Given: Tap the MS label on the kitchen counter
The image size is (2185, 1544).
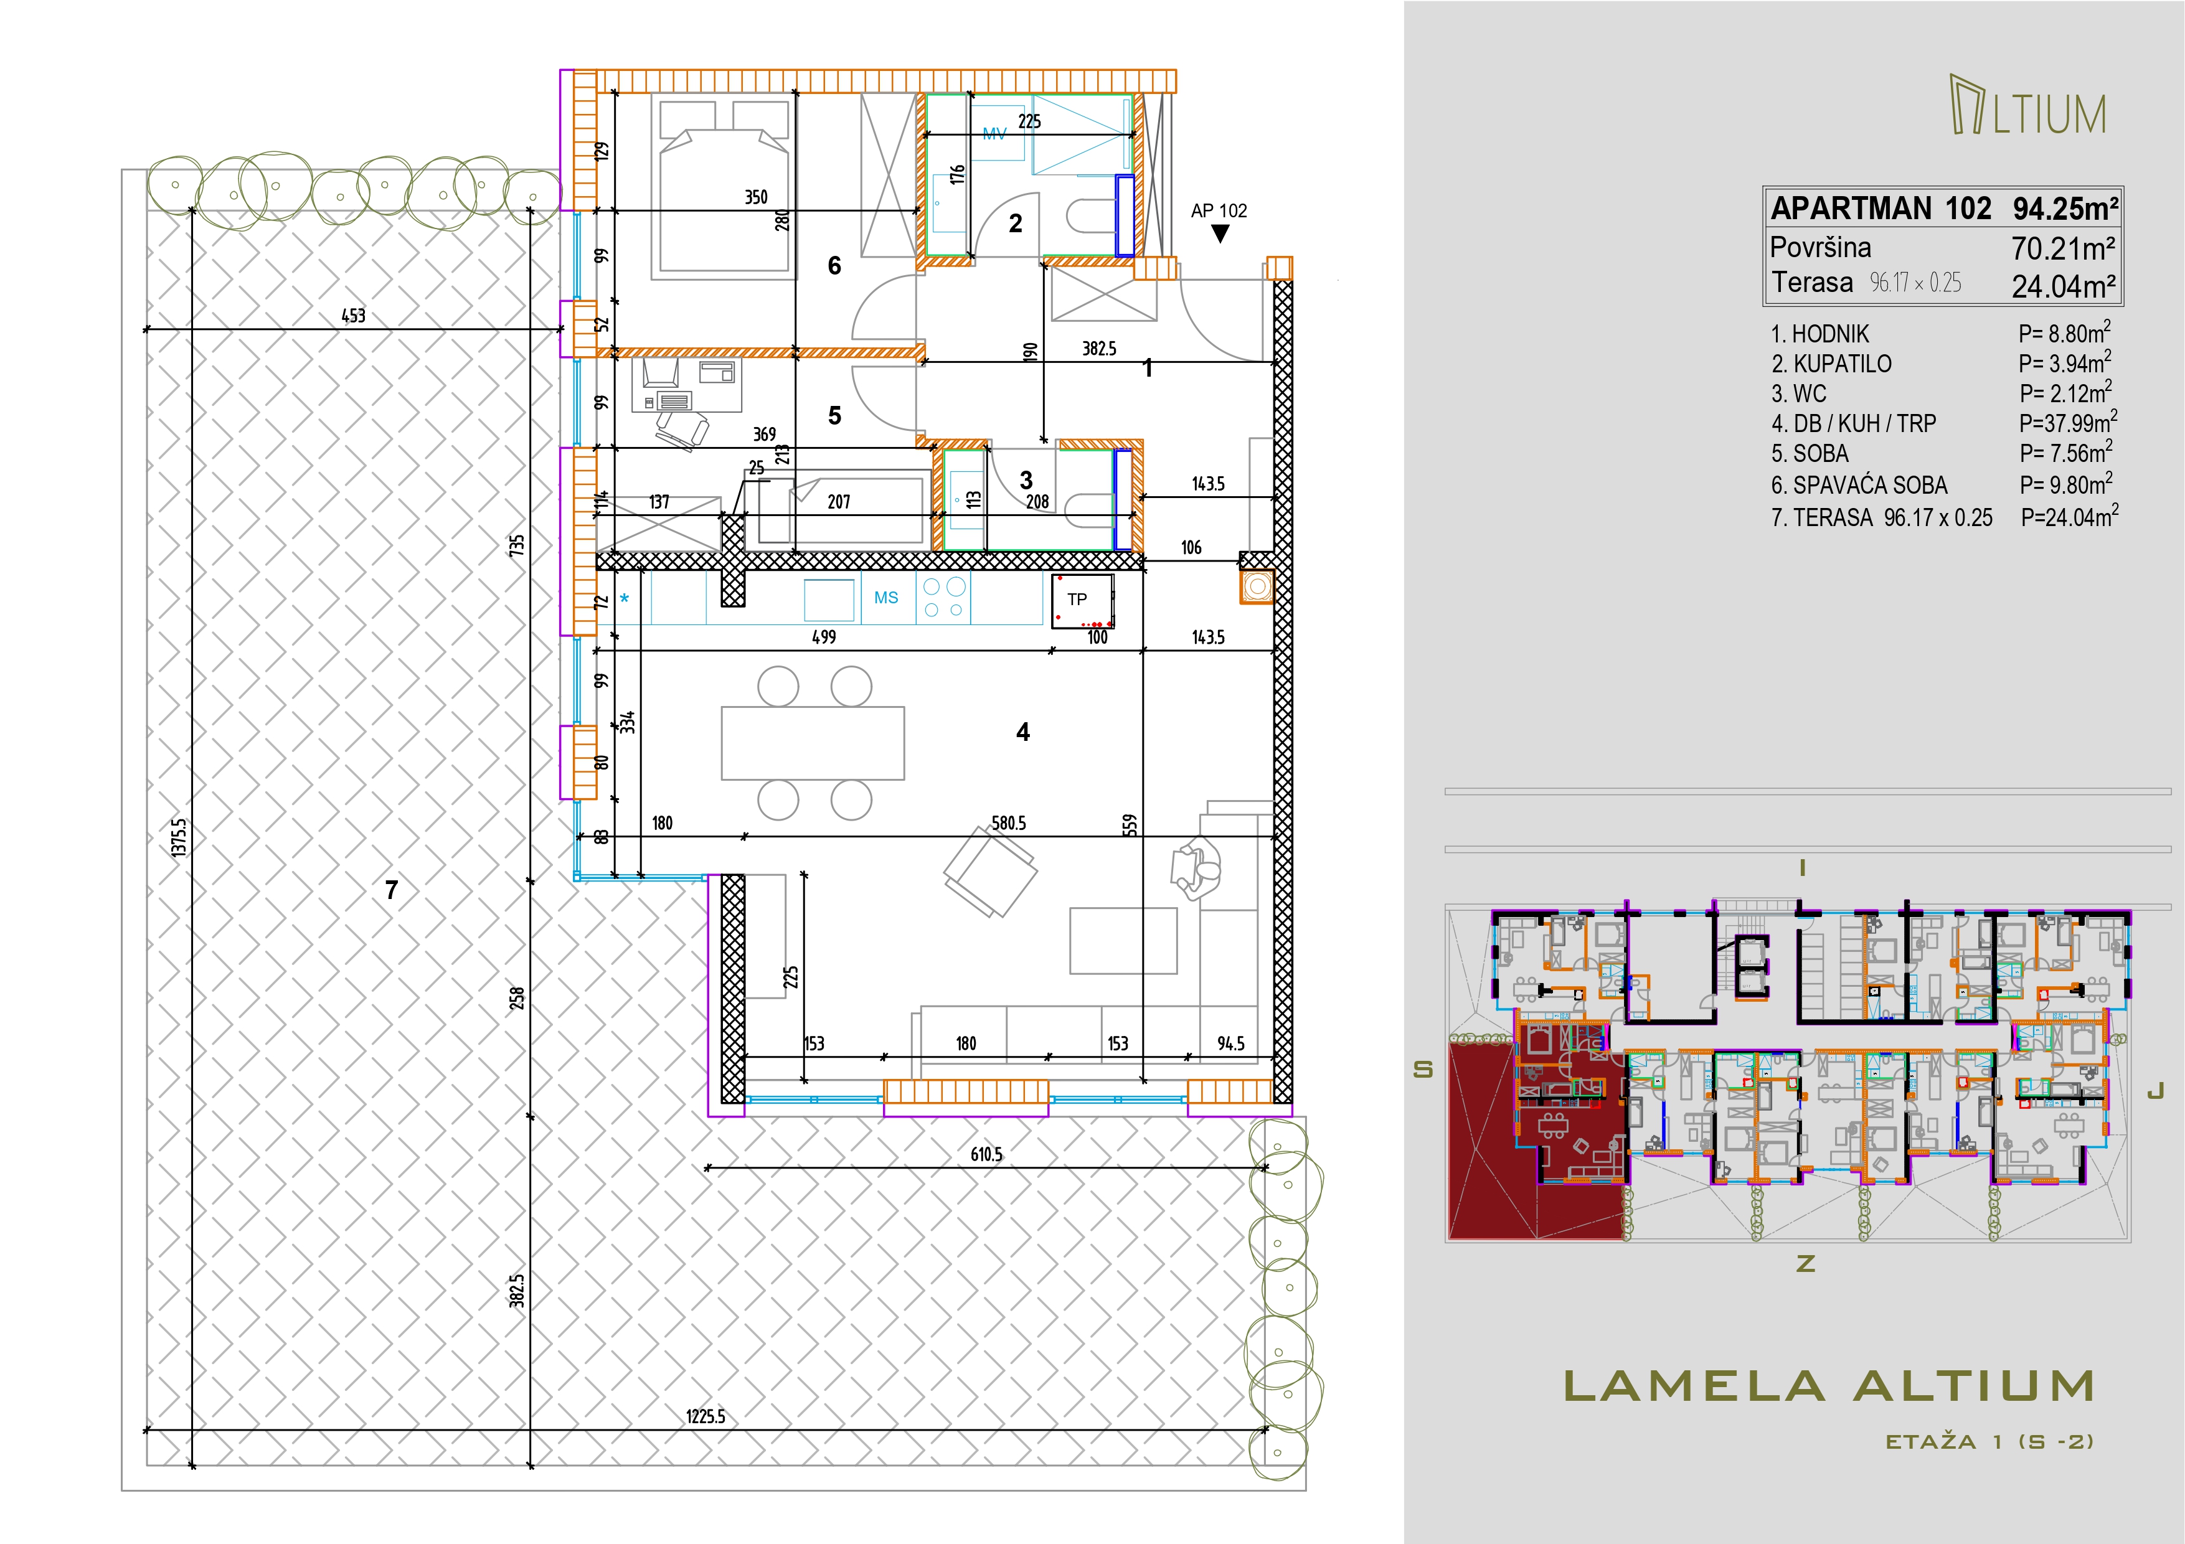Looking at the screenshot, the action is coord(886,598).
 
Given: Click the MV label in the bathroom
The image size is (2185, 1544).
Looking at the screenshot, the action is coord(994,134).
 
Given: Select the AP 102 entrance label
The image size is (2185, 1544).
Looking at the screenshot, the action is coord(1219,211).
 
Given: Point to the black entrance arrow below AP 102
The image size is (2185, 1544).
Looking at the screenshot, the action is coord(1220,233).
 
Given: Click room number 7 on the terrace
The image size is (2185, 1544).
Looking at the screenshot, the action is coord(391,890).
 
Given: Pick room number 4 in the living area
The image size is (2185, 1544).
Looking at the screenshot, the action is coord(1023,732).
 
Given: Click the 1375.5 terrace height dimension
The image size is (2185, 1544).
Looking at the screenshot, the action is coord(179,837).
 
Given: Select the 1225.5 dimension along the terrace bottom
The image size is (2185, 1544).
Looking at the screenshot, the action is coord(705,1416).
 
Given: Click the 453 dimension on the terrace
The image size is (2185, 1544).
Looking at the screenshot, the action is coord(353,316).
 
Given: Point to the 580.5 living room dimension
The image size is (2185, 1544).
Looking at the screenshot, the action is coord(1009,823).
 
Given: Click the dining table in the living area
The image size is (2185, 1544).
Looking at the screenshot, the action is coord(813,743).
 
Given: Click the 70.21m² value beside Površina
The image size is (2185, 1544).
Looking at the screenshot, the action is coord(2063,248).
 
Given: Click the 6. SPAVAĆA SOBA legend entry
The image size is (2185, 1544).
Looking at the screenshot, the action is coord(1859,485).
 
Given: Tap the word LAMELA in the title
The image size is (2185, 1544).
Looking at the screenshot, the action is coord(1694,1386).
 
